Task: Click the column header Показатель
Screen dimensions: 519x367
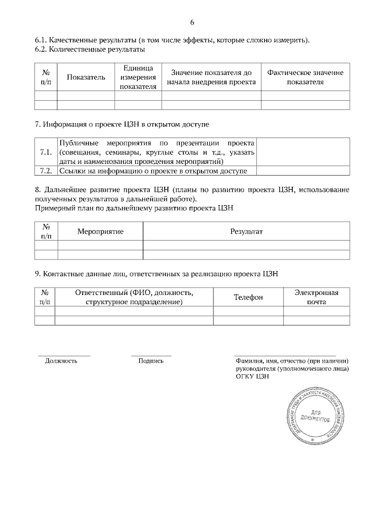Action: [86, 77]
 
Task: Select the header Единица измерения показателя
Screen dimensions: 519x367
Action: [138, 77]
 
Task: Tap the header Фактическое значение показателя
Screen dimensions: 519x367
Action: [305, 77]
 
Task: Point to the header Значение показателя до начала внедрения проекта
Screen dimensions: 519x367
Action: [210, 77]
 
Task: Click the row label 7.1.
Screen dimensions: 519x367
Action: [46, 152]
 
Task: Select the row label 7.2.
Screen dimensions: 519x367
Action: [46, 171]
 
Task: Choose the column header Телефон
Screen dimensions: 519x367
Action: [248, 297]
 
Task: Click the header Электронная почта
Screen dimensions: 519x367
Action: [317, 297]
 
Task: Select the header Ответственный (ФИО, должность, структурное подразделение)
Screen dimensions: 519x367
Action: [134, 297]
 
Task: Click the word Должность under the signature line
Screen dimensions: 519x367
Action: [61, 361]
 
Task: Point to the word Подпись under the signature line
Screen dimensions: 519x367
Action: [151, 361]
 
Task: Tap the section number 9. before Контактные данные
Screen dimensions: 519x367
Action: [37, 274]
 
